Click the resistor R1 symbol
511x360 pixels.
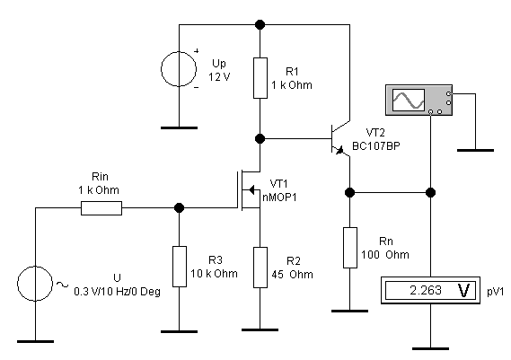pos(260,78)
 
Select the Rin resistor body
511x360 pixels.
pos(101,208)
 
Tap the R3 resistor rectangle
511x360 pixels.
pos(180,267)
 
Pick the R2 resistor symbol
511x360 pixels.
pos(260,268)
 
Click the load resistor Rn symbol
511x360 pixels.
pos(350,248)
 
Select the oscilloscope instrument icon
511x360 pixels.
pos(418,100)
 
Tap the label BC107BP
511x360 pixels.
pos(376,146)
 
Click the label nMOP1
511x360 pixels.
pos(279,198)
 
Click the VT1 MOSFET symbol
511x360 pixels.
pos(250,190)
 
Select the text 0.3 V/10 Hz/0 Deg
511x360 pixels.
pos(118,291)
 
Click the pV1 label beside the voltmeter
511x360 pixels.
pos(496,292)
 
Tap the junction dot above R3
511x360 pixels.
pos(180,207)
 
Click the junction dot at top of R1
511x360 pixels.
pos(260,24)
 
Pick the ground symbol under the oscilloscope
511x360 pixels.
pos(475,150)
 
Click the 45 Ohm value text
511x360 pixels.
pos(293,275)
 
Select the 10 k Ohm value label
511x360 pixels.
pos(214,273)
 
